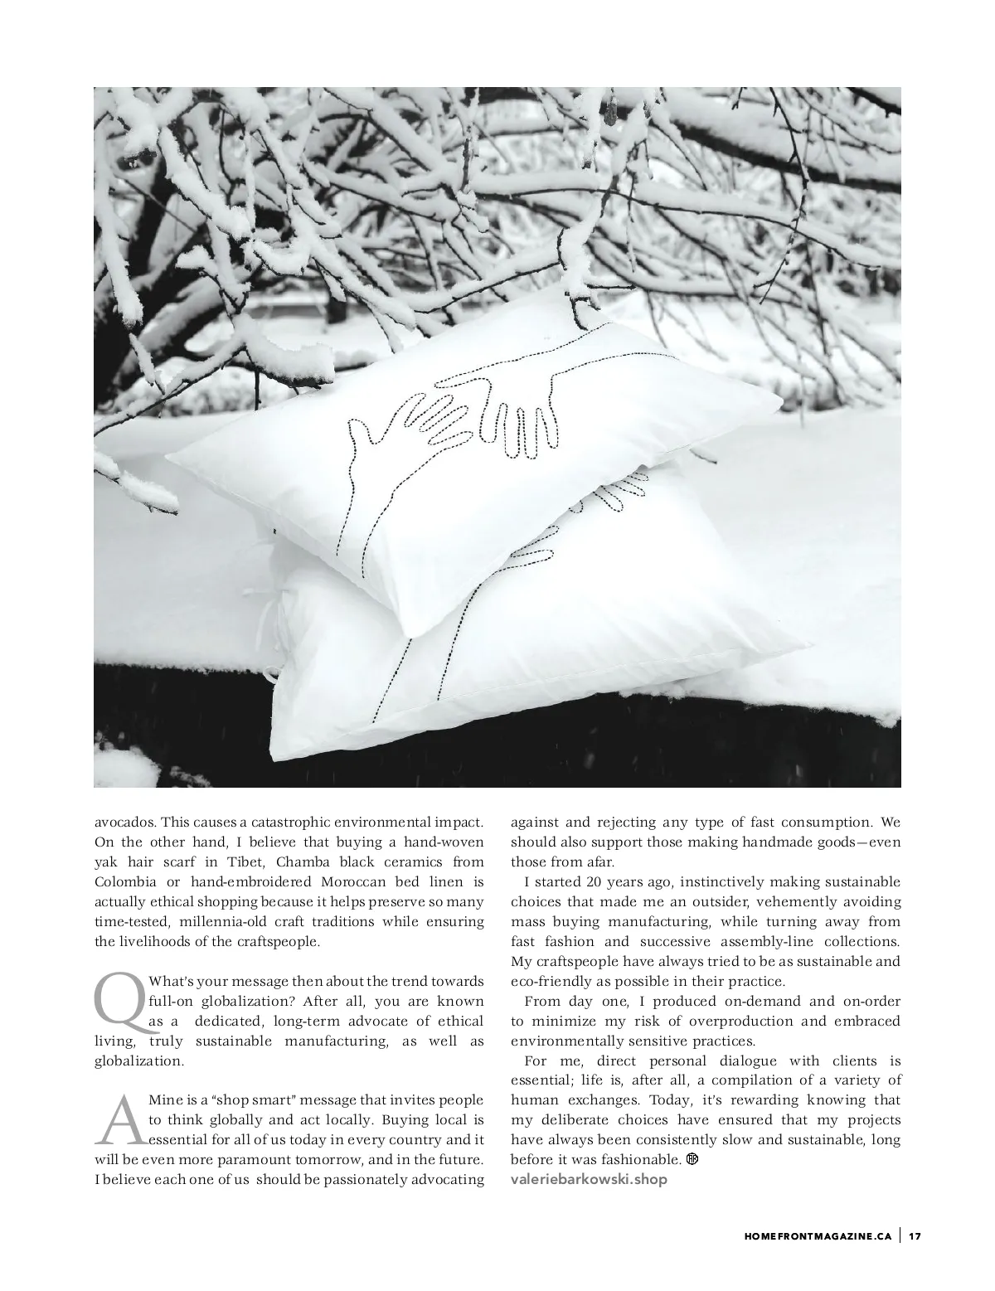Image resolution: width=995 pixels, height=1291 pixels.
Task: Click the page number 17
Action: point(915,1236)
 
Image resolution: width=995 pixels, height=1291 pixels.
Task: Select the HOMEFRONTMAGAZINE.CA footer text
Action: point(818,1236)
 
